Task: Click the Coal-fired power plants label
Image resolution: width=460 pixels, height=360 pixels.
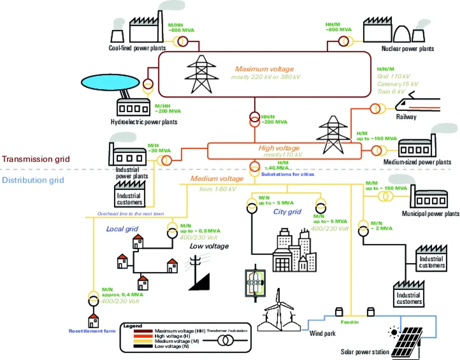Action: click(137, 48)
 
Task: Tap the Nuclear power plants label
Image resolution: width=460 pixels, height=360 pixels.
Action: click(407, 49)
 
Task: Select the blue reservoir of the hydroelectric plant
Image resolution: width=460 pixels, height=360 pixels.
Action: click(110, 82)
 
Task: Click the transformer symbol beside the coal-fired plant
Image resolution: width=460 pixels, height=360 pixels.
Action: click(182, 41)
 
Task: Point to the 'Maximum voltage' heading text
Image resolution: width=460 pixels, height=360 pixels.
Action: click(264, 69)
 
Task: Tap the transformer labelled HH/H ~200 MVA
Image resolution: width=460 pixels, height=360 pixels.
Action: click(254, 119)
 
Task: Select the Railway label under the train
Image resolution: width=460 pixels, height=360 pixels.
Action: click(406, 117)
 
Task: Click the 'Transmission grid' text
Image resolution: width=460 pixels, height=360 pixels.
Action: click(36, 159)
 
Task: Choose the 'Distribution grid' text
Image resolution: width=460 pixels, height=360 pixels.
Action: click(33, 180)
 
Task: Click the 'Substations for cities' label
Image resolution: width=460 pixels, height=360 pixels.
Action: click(287, 174)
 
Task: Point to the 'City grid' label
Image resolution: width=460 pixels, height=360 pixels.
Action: click(287, 212)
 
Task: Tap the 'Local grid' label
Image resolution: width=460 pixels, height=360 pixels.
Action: click(122, 229)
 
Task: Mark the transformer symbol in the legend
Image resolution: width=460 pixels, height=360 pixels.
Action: click(225, 340)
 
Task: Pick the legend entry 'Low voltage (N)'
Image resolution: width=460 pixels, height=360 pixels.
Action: click(172, 346)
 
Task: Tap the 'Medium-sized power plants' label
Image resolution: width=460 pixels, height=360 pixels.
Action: click(417, 162)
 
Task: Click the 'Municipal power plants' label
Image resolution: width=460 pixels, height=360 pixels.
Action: click(430, 214)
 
